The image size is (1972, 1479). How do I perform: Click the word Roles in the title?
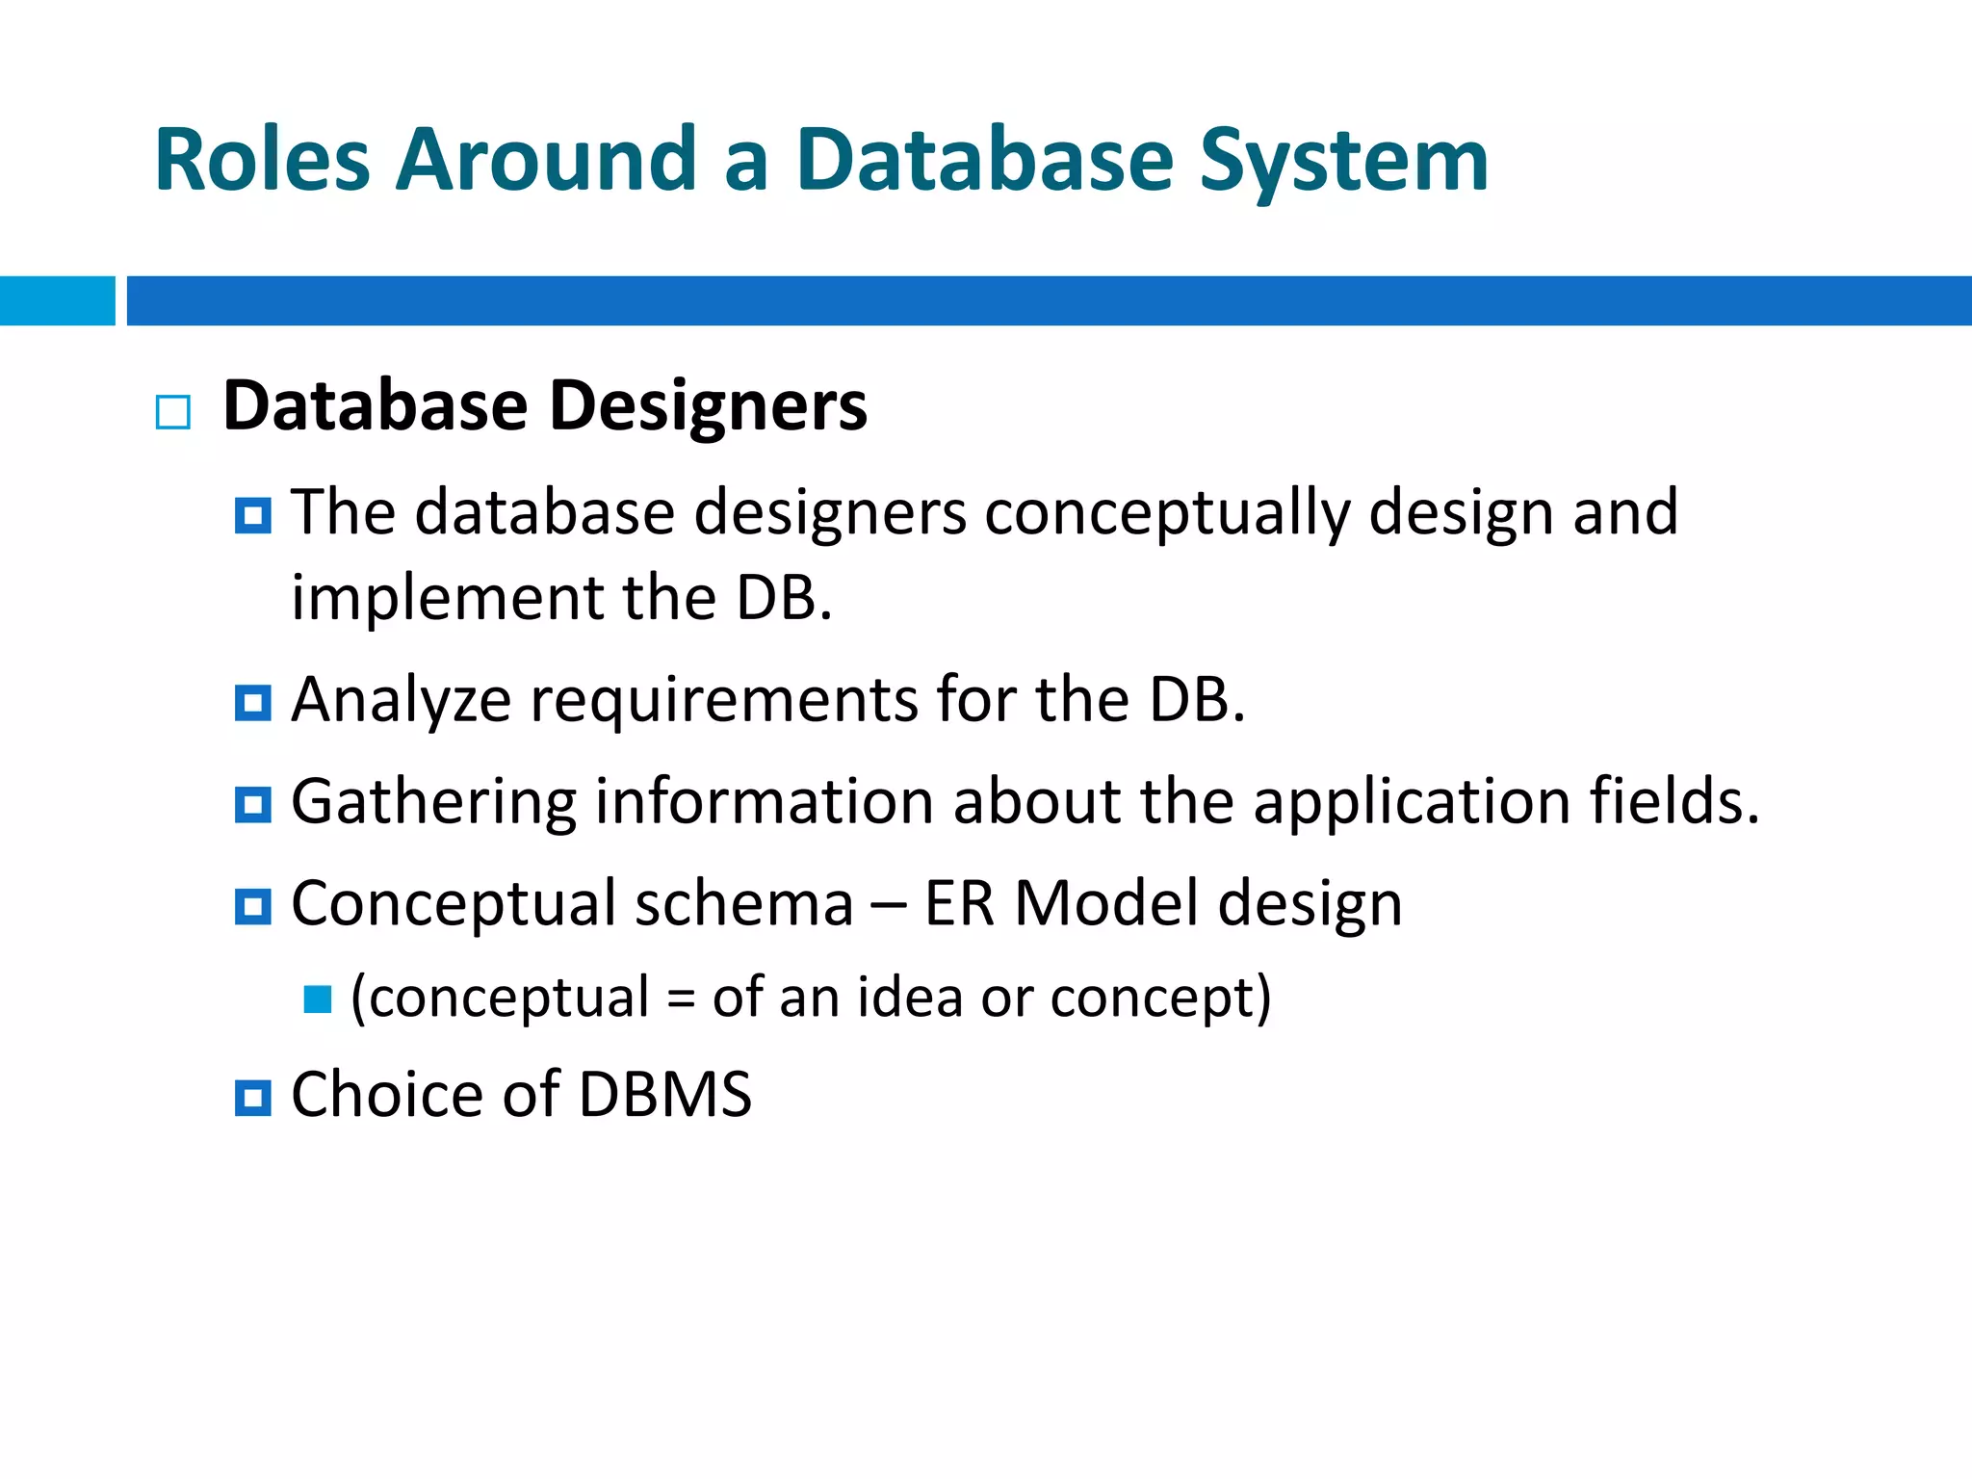pos(262,160)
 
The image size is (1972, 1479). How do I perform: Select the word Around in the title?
pos(546,160)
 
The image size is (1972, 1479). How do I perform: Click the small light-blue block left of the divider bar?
pos(57,300)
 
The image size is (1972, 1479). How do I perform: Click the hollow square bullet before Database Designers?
pos(173,412)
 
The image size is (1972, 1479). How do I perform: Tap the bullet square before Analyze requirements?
pos(253,703)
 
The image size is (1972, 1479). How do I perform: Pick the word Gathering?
pos(433,803)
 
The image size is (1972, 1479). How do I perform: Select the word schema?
pos(743,905)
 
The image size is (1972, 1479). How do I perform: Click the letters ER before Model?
pos(959,905)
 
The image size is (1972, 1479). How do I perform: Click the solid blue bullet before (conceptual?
pos(318,999)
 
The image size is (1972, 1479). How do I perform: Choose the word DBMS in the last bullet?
pos(664,1096)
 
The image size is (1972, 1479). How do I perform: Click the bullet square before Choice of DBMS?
pos(253,1098)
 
